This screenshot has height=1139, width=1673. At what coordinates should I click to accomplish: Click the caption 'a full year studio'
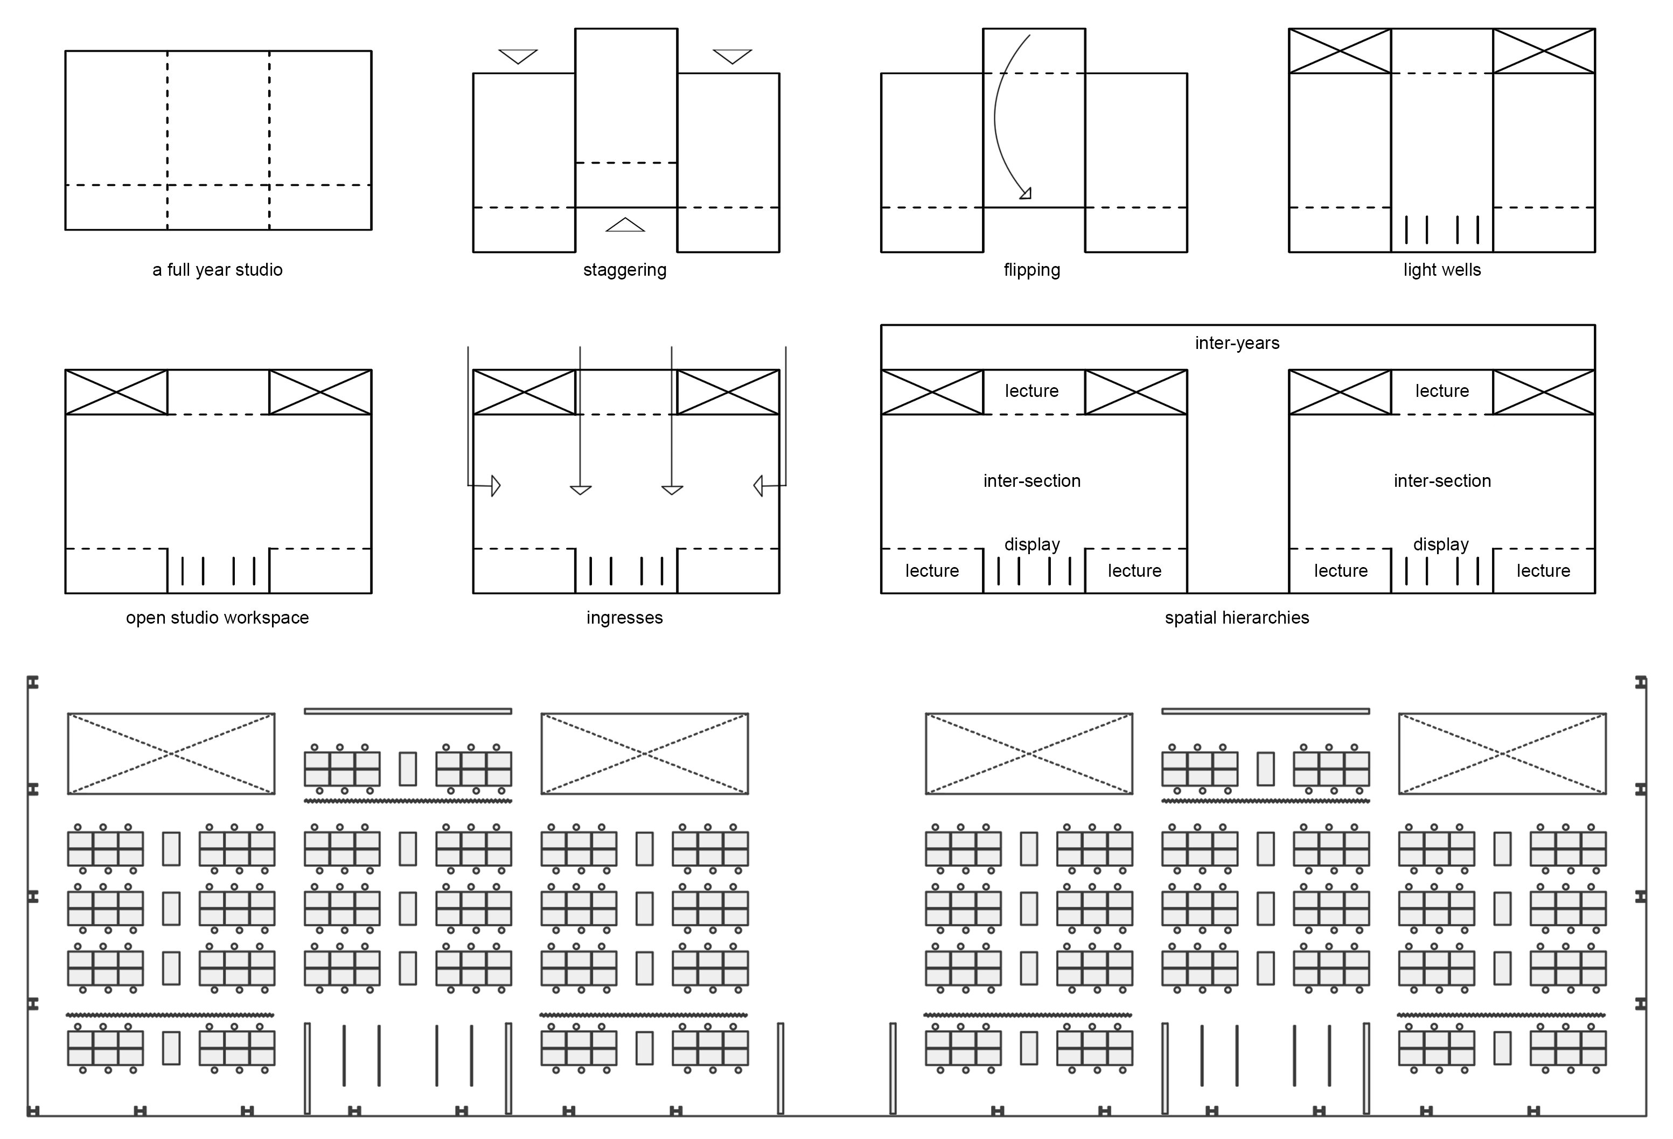tap(218, 270)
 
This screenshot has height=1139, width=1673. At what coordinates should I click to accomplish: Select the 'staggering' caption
tap(625, 270)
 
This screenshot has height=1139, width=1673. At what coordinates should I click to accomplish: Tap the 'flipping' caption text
tap(1031, 270)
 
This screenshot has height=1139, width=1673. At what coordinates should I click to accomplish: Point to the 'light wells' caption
tap(1442, 270)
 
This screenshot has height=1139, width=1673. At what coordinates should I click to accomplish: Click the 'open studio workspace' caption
tap(218, 617)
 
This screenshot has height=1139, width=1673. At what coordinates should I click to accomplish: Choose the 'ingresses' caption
tap(624, 617)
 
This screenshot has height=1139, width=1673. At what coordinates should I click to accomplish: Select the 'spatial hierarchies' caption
tap(1237, 617)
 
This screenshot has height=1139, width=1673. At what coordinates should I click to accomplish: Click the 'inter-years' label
tap(1237, 343)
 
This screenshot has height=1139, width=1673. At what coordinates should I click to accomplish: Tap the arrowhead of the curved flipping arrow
tap(1026, 193)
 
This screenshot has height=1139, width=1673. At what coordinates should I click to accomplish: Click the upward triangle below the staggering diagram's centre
tap(625, 225)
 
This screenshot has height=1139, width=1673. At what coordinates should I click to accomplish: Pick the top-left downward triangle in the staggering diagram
tap(518, 55)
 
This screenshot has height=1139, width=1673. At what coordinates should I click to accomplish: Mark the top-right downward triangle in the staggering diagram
tap(732, 55)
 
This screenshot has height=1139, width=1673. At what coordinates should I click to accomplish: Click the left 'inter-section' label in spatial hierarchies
tap(1031, 480)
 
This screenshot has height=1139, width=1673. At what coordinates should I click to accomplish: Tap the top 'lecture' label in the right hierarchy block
tap(1442, 390)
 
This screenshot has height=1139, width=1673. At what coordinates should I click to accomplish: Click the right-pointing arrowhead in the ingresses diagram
tap(496, 486)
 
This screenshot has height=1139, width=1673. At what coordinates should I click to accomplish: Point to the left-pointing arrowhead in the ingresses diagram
tap(758, 486)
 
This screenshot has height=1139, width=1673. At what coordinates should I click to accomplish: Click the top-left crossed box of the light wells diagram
tap(1340, 51)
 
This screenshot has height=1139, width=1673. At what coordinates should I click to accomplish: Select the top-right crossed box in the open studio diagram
tap(320, 392)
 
